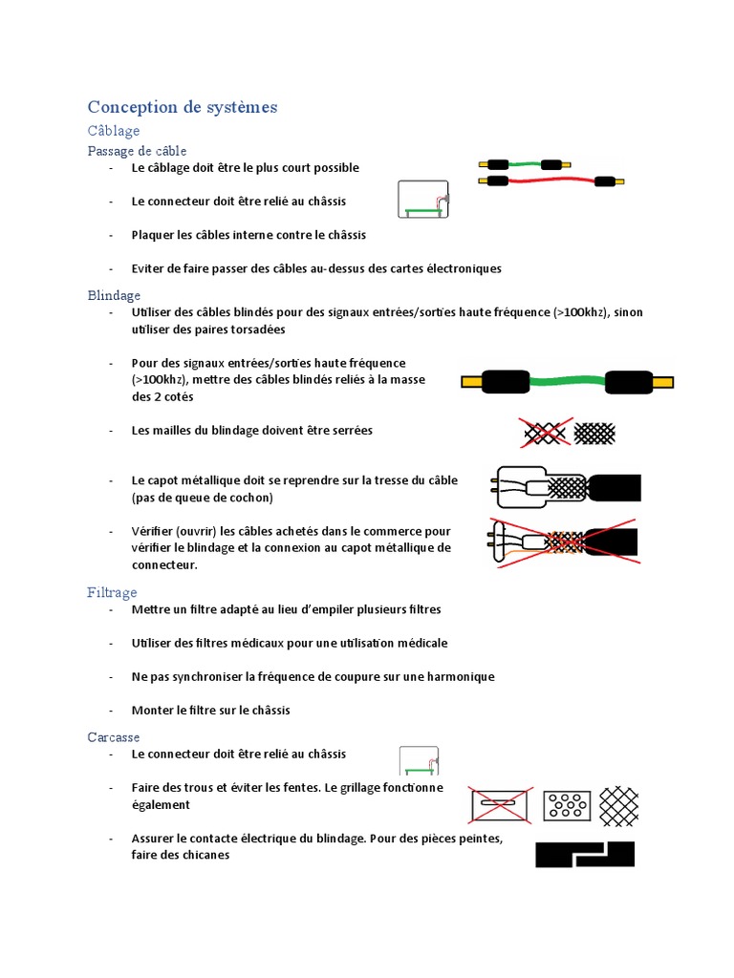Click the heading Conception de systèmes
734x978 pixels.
point(183,107)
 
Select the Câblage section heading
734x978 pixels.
point(114,131)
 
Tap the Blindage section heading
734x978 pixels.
point(114,295)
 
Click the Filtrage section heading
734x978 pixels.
point(112,592)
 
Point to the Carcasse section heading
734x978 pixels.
point(114,736)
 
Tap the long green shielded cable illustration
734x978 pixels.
point(568,383)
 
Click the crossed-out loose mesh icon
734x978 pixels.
point(546,433)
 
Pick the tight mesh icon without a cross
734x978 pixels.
point(594,433)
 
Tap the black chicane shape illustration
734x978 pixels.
point(585,854)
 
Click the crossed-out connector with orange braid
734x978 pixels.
point(564,543)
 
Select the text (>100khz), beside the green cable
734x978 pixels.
point(160,380)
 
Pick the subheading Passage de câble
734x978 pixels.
point(137,151)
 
